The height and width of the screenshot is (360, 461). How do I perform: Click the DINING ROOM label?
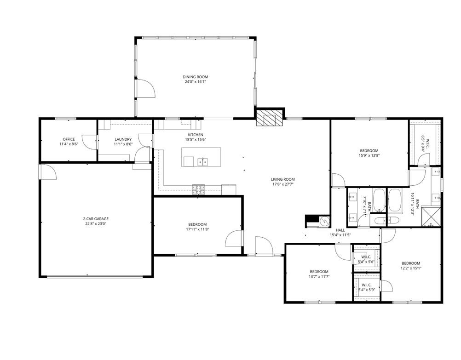pyautogui.click(x=196, y=77)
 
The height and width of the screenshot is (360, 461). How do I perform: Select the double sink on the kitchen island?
pyautogui.click(x=202, y=161)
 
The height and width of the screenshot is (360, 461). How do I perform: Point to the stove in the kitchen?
pyautogui.click(x=199, y=188)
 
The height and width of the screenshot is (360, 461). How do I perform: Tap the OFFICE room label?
pyautogui.click(x=69, y=139)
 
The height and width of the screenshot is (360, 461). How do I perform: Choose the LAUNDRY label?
pyautogui.click(x=123, y=139)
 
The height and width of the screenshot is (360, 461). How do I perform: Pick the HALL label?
pyautogui.click(x=340, y=230)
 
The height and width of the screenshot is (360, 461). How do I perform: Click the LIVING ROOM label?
pyautogui.click(x=282, y=179)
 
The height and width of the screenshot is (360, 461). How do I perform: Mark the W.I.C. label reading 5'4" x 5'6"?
pyautogui.click(x=366, y=260)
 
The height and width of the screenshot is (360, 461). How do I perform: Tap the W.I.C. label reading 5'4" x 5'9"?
pyautogui.click(x=366, y=287)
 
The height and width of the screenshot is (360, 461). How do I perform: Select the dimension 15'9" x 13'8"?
pyautogui.click(x=369, y=155)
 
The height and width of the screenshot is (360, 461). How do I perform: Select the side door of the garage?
pyautogui.click(x=48, y=172)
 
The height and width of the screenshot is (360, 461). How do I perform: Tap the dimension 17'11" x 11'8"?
pyautogui.click(x=198, y=229)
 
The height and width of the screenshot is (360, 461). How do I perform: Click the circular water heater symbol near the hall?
pyautogui.click(x=324, y=221)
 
